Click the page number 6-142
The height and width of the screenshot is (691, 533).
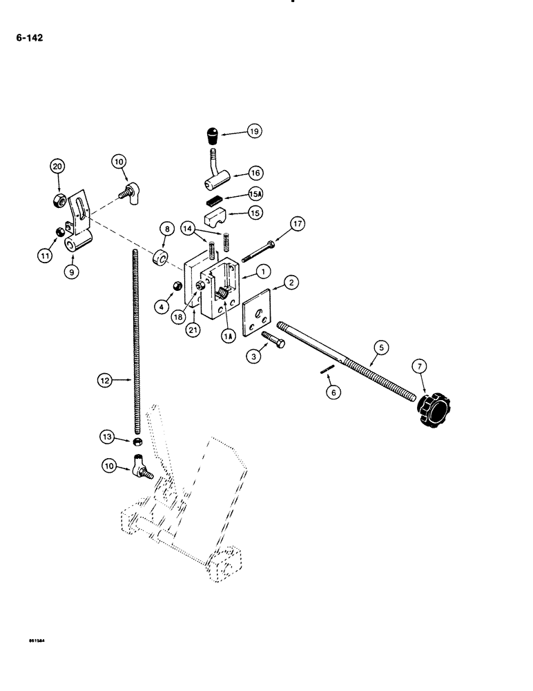[x=28, y=39]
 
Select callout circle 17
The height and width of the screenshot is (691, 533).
[x=297, y=224]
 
